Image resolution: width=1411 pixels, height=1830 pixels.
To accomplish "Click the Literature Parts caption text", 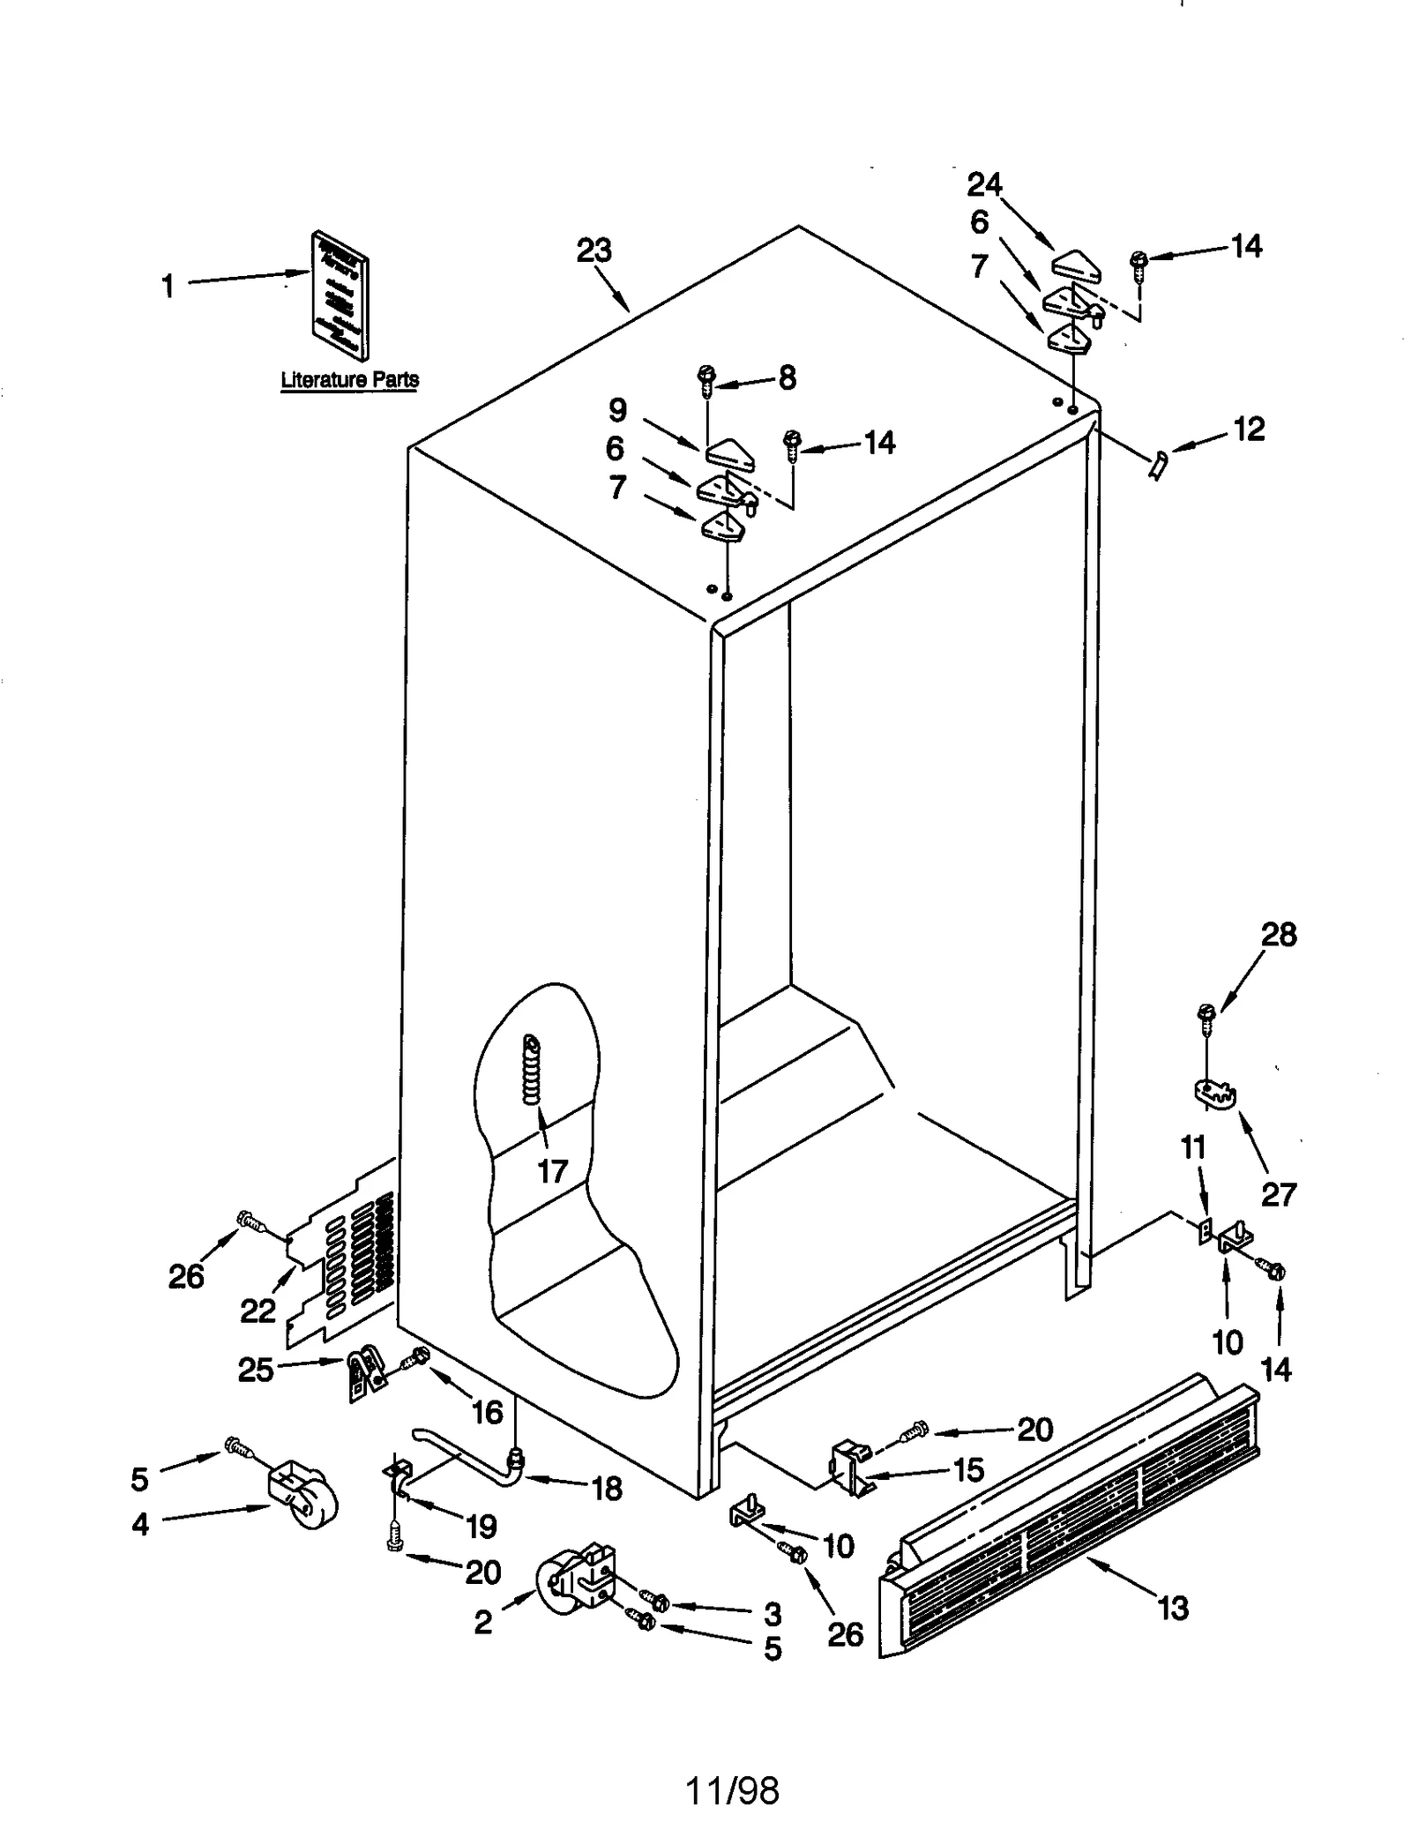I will tap(349, 379).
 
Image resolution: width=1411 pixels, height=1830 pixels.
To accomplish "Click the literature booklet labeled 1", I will tap(340, 295).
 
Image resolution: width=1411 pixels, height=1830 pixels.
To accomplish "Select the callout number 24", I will tap(984, 184).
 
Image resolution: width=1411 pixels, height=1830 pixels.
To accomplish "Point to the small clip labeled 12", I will tap(1157, 462).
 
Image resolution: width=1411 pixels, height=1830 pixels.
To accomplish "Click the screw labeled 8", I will tap(706, 377).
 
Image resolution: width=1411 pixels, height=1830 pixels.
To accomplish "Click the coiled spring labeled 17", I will tap(532, 1070).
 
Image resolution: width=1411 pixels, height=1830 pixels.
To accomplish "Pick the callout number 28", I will tap(1279, 934).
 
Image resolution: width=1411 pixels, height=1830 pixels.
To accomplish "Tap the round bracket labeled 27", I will tap(1215, 1094).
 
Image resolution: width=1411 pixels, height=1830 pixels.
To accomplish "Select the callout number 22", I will tap(258, 1311).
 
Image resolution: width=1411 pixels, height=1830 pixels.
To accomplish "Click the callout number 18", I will tap(607, 1489).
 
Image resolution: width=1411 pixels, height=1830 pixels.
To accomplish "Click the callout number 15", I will tap(968, 1469).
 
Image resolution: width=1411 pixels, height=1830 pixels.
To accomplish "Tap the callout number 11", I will tap(1192, 1147).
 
